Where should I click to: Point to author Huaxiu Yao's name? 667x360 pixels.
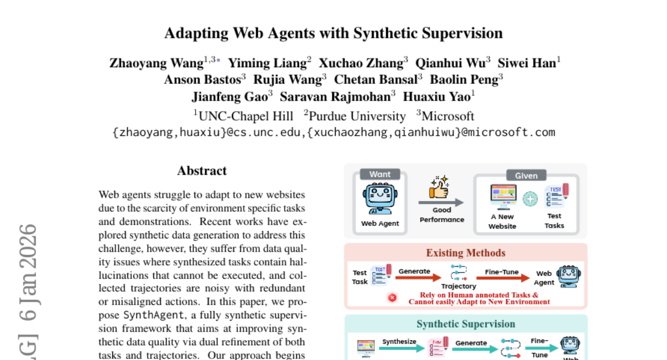point(436,97)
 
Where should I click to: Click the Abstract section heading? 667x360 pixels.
point(202,171)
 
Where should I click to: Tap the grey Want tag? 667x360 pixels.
point(380,174)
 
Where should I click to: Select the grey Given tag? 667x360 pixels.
point(526,176)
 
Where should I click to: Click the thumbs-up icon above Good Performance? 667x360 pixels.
point(439,188)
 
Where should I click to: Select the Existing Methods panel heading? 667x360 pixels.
point(465,253)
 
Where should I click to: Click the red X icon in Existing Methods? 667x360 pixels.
point(392,298)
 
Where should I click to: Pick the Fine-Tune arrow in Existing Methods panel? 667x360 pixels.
point(502,276)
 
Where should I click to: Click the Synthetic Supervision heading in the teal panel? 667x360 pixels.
point(466,324)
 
